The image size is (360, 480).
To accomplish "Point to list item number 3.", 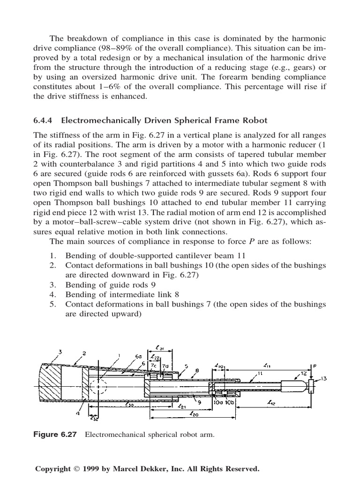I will [52, 285].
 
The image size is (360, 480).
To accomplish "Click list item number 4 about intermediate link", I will [52, 294].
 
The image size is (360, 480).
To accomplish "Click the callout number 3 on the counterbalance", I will [60, 352].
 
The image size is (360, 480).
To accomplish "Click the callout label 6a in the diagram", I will [138, 357].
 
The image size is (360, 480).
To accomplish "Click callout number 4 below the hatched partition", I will [78, 413].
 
